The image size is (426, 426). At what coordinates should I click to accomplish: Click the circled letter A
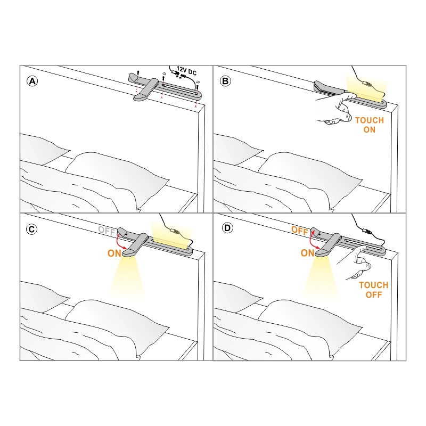(x=32, y=81)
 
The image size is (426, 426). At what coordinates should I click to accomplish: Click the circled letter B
(x=225, y=81)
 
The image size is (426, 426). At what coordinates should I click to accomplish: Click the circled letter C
(x=31, y=230)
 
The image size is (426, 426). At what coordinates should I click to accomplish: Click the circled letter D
(x=227, y=228)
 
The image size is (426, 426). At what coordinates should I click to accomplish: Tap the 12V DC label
(x=186, y=71)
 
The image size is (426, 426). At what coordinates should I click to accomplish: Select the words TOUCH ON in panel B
(x=370, y=125)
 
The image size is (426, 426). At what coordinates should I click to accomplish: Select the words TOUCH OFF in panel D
(x=374, y=290)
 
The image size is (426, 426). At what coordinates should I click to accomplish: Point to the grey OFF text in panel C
(x=106, y=231)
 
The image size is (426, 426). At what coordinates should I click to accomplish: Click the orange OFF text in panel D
(x=299, y=231)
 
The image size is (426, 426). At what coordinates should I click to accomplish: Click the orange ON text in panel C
(x=114, y=253)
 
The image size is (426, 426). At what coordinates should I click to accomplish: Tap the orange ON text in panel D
(x=307, y=253)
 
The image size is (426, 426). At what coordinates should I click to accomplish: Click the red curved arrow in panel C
(x=118, y=242)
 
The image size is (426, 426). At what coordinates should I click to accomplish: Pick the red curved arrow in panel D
(x=312, y=241)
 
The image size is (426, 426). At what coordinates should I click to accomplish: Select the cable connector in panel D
(x=367, y=232)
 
